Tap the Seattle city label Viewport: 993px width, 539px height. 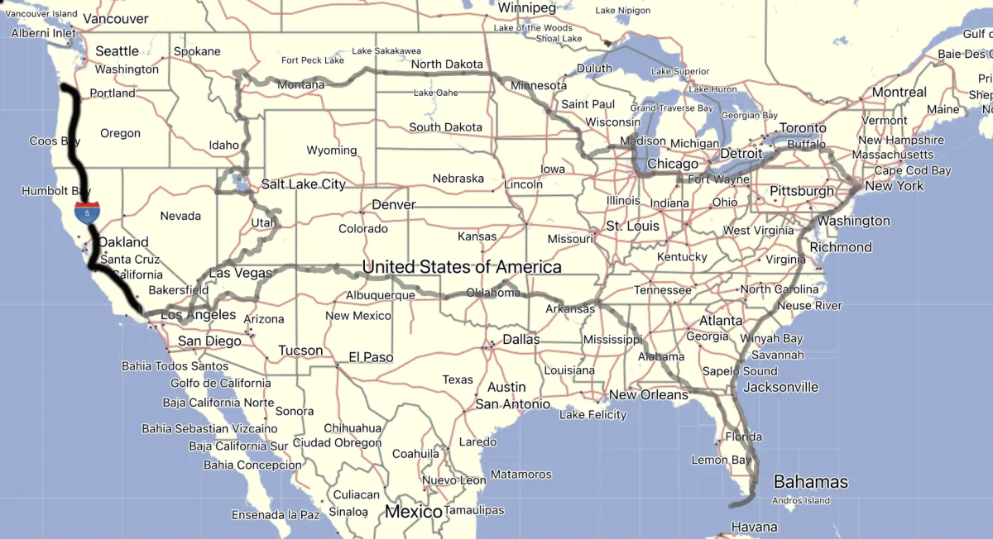117,51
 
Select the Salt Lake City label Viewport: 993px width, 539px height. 303,184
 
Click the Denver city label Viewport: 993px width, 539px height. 393,204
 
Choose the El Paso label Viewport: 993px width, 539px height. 370,357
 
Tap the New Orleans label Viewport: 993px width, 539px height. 648,395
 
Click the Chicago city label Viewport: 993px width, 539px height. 672,165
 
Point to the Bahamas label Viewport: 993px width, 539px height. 810,482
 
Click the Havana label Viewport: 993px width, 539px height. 754,527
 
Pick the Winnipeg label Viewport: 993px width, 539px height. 526,7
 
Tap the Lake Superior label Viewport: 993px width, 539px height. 679,71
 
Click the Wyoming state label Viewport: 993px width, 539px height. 331,150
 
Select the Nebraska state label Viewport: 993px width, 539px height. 458,179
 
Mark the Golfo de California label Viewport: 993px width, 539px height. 220,383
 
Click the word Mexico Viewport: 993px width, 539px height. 414,512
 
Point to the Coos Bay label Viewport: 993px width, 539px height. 55,141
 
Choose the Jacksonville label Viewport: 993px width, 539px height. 780,387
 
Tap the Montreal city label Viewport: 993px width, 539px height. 899,92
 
